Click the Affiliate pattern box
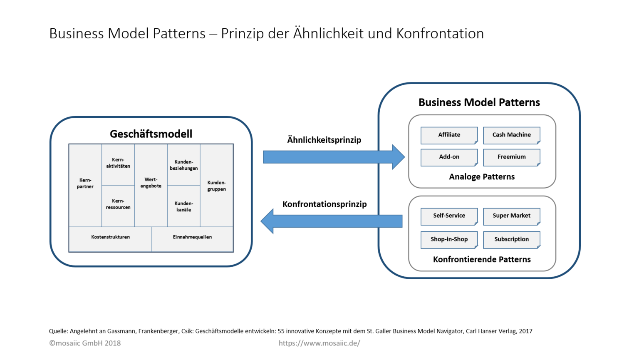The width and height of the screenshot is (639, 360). coord(449,135)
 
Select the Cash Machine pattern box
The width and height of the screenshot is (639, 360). coord(511,135)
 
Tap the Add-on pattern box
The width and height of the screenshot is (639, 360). coord(449,157)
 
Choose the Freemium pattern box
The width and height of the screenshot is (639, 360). coord(511,157)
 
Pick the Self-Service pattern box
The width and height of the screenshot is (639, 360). coord(449,216)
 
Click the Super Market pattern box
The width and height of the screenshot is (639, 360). coord(511,216)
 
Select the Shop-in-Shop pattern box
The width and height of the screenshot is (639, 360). coord(449,240)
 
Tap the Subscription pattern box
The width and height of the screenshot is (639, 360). coord(511,240)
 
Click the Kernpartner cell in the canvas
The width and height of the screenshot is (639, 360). coord(85,184)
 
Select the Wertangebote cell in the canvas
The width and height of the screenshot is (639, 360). coord(151,183)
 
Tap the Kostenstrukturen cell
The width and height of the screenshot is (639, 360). coord(110,237)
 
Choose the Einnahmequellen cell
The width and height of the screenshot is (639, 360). coord(192,237)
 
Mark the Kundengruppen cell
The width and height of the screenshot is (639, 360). coord(216,186)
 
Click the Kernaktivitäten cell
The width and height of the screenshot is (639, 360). coord(118,163)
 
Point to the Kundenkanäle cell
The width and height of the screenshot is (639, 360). coord(183,207)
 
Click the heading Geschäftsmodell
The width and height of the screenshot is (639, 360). coord(151,134)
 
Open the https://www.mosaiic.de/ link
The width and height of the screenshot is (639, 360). coord(319,343)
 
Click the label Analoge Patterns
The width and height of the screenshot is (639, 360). coord(482,177)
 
